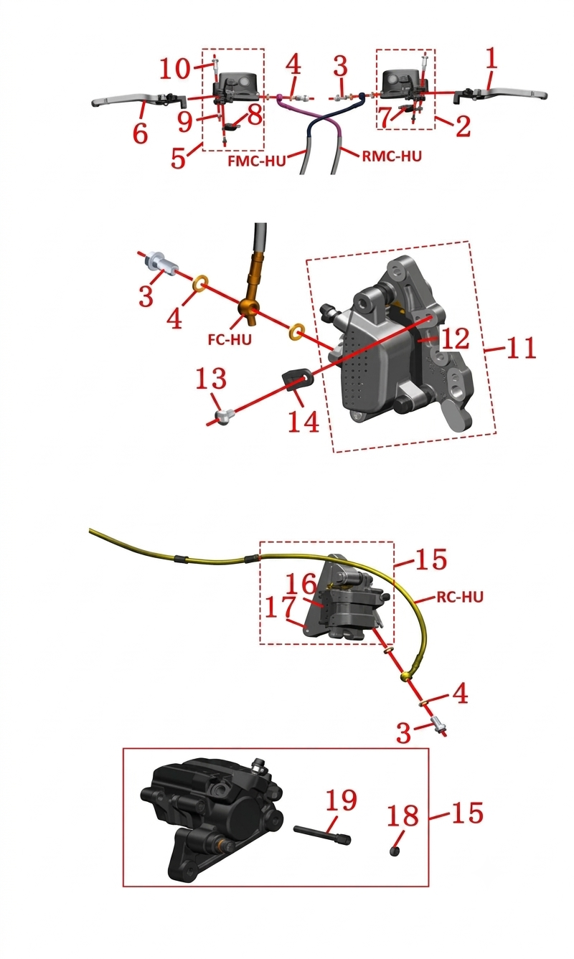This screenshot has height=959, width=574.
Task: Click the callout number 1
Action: coord(491,58)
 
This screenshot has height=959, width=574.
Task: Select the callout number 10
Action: coord(175,69)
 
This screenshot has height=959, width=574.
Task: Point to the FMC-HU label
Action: coord(257,161)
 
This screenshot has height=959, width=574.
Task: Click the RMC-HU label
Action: coord(392,156)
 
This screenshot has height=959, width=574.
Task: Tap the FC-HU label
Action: coord(230,339)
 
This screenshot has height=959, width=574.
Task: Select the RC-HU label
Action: coord(460,597)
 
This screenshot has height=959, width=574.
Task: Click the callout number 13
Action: coord(211,378)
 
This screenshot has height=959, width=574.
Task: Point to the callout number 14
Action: coord(304,421)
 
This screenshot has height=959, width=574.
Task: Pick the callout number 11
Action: coord(521,348)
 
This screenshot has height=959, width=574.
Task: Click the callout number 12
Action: coord(455,339)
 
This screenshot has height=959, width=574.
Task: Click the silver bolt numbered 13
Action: coord(225,416)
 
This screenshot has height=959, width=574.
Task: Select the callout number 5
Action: coord(179,158)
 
